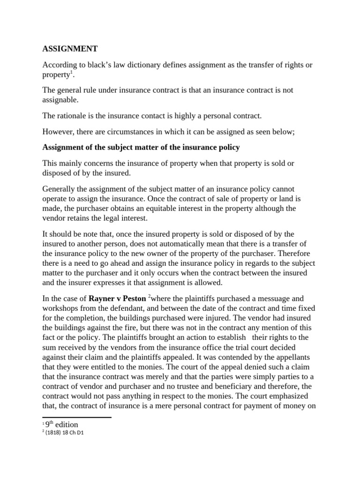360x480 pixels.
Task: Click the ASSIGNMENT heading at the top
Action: point(70,48)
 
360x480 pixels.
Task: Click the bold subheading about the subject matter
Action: point(141,148)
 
